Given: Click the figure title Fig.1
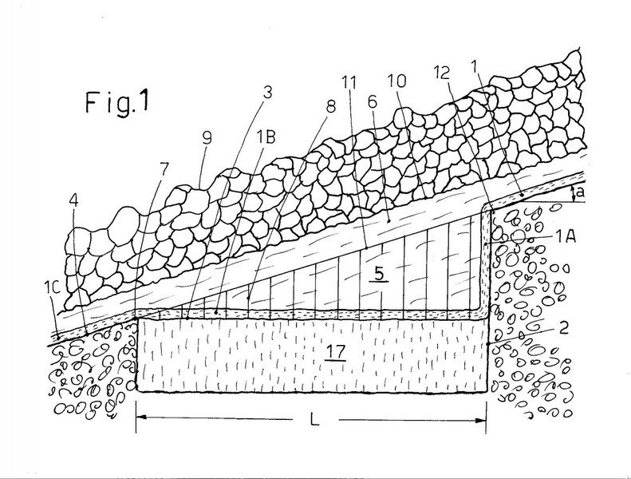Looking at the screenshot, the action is pos(116,102).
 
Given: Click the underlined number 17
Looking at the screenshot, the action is pos(336,352).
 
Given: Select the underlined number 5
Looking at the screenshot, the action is pos(379,275).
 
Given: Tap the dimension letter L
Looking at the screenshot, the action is pos(314,420).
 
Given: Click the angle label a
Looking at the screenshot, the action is pos(580,192).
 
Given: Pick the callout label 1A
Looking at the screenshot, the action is pos(565,236).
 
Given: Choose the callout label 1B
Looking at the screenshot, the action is pos(266,137).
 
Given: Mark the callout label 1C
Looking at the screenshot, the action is pos(53,287).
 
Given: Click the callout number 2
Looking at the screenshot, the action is pos(563,328).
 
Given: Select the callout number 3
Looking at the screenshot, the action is pos(266,93).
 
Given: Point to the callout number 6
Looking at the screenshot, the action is pos(373,102).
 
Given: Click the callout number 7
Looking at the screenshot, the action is pos(164,169).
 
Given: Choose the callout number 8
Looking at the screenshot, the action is pos(330,107).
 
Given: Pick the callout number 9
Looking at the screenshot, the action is pos(207,139).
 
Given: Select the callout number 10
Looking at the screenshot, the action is pos(397,81).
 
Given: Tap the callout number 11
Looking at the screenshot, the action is pos(349,82).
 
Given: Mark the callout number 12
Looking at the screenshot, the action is pos(441,73).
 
